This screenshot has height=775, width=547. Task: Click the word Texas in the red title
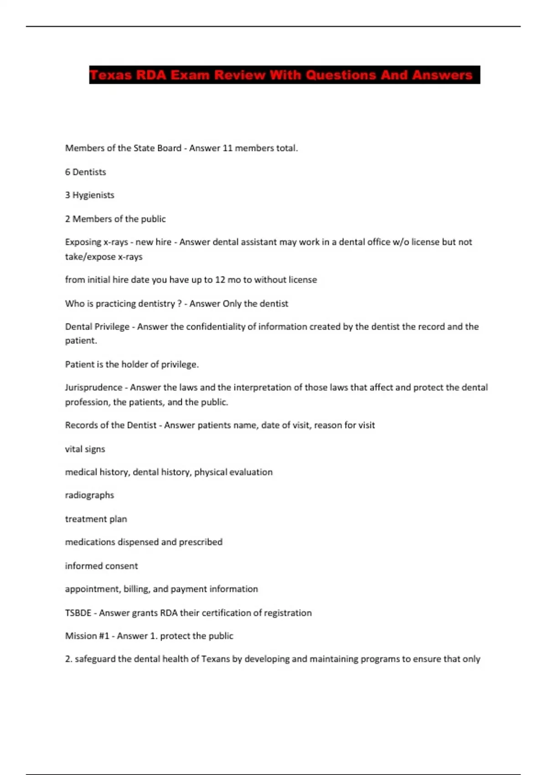[x=110, y=75]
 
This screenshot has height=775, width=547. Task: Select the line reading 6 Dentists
[x=86, y=172]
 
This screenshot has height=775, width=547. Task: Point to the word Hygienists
[x=93, y=195]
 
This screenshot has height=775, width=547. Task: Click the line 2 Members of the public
[x=115, y=219]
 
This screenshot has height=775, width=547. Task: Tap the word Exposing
[x=83, y=242]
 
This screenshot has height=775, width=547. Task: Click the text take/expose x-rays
[x=103, y=257]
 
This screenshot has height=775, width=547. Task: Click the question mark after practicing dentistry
[x=179, y=304]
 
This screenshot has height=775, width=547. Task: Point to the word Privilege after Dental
[x=112, y=327]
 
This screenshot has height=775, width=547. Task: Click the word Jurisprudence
[x=93, y=387]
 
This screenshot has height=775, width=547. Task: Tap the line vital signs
[x=85, y=449]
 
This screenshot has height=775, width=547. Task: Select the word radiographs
[x=89, y=495]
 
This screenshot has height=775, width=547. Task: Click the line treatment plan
[x=96, y=519]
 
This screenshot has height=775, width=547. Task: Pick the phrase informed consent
[x=101, y=566]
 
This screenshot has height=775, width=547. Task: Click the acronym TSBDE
[x=78, y=613]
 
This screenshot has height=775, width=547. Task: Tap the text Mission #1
[x=87, y=636]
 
